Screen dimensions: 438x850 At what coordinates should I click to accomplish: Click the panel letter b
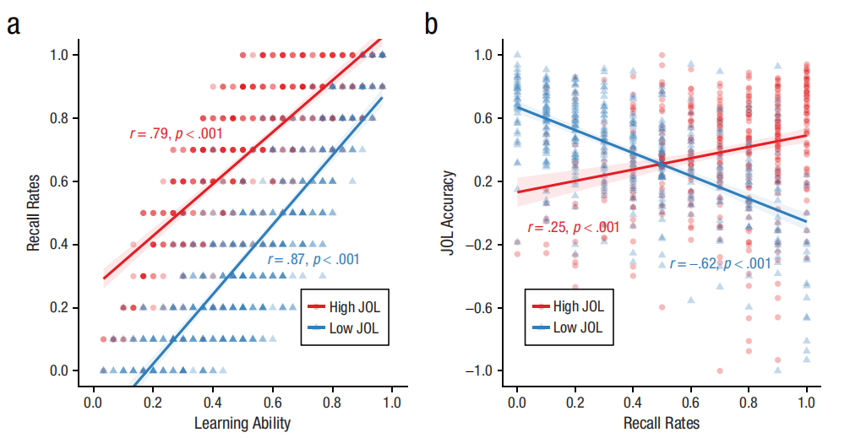pos(431,24)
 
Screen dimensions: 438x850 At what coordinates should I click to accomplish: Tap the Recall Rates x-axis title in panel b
pos(662,422)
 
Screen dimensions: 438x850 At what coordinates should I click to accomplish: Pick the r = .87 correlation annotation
pos(313,260)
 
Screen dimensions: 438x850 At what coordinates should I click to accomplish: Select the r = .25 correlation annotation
pos(573,227)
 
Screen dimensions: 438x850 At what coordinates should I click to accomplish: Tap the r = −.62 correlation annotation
pos(720,264)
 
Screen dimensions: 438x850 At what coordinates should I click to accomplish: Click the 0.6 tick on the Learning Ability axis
pos(272,403)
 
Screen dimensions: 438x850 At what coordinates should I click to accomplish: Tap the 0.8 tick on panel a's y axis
pos(65,118)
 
